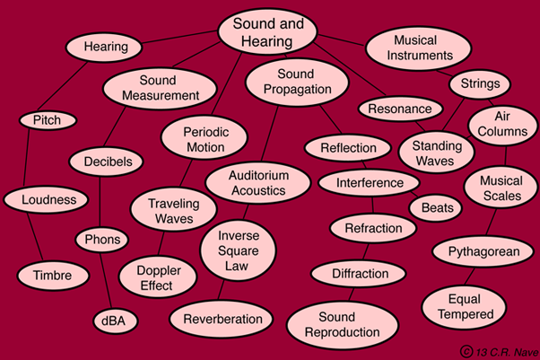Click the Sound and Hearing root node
pos(269,32)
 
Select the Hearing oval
pos(106,47)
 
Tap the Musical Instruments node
pos(421,47)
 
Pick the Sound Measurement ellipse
pos(160,87)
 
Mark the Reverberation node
pos(222,318)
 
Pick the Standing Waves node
pos(437,154)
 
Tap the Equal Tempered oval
pos(466,306)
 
